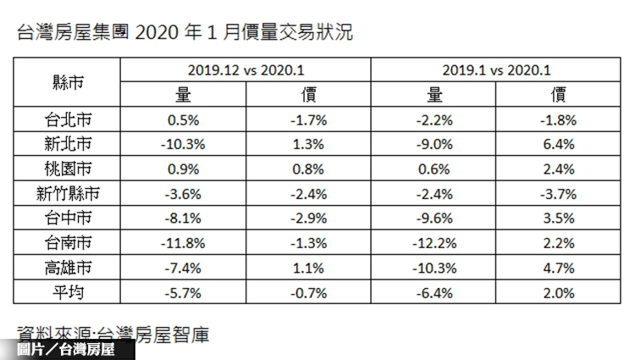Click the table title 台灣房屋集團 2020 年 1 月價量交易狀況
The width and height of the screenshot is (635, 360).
click(185, 33)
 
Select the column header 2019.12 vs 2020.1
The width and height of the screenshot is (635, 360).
click(246, 69)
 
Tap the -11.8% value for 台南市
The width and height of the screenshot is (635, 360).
click(182, 244)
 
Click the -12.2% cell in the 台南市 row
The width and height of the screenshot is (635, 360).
click(436, 244)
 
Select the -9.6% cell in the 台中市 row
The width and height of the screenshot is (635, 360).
click(436, 219)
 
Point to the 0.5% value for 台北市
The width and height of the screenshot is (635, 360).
click(182, 119)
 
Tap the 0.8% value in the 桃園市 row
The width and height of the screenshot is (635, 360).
click(308, 169)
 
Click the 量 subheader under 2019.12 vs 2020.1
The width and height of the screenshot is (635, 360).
click(182, 94)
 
